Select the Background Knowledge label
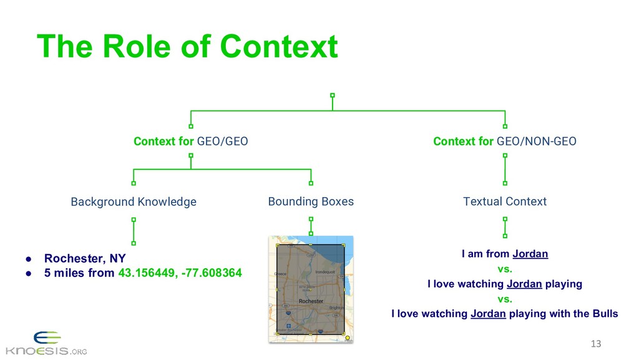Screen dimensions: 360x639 pyautogui.click(x=134, y=202)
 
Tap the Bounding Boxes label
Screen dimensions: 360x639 pyautogui.click(x=311, y=202)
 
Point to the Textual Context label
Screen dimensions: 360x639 pyautogui.click(x=505, y=202)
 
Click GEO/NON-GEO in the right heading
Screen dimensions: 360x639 pyautogui.click(x=537, y=142)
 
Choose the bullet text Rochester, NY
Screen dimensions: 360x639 pyautogui.click(x=85, y=258)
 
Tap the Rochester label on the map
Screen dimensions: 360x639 pyautogui.click(x=311, y=301)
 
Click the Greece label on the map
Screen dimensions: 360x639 pyautogui.click(x=280, y=273)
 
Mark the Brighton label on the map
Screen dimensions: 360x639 pyautogui.click(x=336, y=308)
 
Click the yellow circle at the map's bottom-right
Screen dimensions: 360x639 pyautogui.click(x=348, y=338)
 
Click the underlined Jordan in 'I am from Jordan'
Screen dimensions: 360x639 pyautogui.click(x=530, y=254)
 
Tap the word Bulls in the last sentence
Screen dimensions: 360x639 pyautogui.click(x=603, y=313)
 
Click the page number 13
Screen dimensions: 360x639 pyautogui.click(x=595, y=344)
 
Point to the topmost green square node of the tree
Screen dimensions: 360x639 pyautogui.click(x=333, y=95)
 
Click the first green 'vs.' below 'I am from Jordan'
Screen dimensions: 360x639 pyautogui.click(x=504, y=269)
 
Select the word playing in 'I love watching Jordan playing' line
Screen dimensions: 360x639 pyautogui.click(x=563, y=284)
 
